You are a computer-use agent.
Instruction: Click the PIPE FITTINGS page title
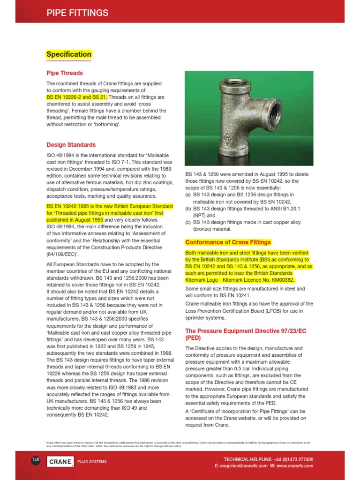[77, 13]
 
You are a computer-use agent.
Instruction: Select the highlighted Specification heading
[68, 54]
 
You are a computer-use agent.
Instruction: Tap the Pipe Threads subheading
[65, 73]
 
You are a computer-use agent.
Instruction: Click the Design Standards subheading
[71, 145]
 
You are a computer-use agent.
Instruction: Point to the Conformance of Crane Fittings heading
[228, 242]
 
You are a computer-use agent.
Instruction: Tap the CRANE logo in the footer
[60, 462]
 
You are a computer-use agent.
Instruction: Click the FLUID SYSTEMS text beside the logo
[92, 462]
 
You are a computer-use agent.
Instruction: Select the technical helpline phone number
[291, 459]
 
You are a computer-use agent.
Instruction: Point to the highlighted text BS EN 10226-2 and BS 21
[77, 97]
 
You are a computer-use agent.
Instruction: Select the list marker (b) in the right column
[188, 209]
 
